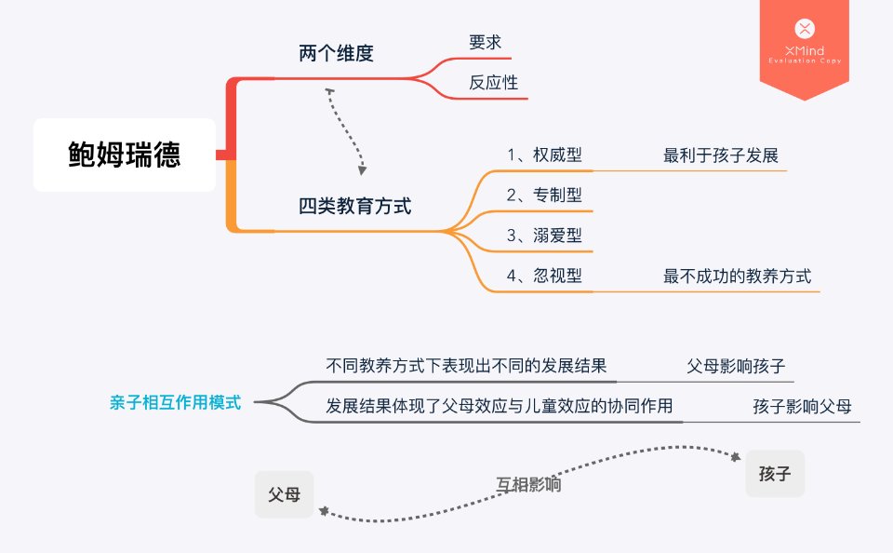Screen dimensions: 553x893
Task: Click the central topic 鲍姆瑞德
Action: [125, 155]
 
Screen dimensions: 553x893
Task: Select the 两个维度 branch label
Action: [336, 54]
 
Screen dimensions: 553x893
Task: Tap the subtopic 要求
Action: [486, 43]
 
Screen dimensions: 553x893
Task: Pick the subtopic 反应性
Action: [493, 82]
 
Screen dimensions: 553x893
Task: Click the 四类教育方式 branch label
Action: [354, 206]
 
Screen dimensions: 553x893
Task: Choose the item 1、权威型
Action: [544, 155]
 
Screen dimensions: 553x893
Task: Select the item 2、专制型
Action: [544, 196]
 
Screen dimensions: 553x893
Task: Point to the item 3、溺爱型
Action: [544, 236]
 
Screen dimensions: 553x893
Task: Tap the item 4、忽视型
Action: [544, 276]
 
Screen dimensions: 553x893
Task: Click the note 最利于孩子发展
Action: [707, 155]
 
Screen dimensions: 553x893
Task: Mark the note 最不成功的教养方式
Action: [737, 276]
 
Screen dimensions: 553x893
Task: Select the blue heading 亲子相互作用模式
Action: [174, 403]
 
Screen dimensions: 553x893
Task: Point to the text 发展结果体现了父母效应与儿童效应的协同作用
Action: [499, 406]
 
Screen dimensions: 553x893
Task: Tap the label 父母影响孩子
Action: [735, 366]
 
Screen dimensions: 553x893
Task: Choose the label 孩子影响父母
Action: [802, 407]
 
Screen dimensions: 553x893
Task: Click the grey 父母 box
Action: [284, 494]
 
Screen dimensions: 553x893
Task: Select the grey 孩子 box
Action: [774, 474]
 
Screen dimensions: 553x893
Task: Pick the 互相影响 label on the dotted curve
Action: [527, 484]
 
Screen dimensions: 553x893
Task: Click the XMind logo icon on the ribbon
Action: [805, 29]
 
